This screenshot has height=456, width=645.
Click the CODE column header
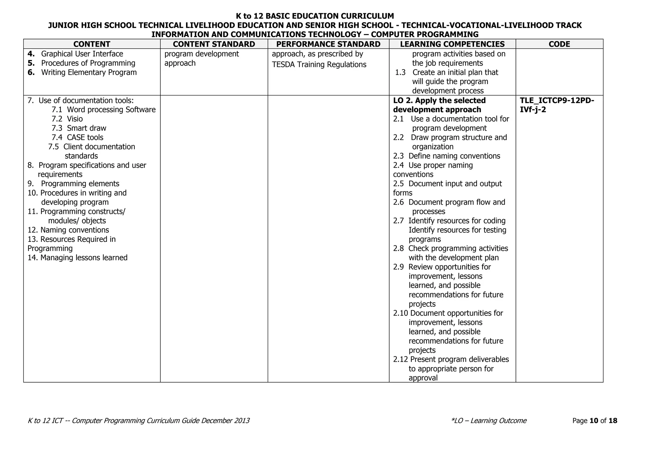click(x=559, y=44)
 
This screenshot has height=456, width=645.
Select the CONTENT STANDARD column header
click(x=214, y=44)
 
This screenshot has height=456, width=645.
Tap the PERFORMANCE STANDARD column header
click(x=328, y=44)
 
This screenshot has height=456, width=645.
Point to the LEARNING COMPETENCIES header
click(x=452, y=44)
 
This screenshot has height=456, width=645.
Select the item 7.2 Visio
click(x=67, y=119)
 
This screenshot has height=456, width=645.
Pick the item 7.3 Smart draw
click(x=79, y=128)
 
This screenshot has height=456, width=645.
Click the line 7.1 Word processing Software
click(x=104, y=110)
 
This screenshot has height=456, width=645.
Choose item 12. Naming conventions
click(x=68, y=230)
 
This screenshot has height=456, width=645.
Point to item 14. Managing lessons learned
click(x=77, y=258)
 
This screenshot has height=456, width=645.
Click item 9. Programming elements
click(x=73, y=184)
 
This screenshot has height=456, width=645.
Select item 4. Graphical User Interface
click(x=76, y=54)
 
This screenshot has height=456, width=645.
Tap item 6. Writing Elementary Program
click(x=82, y=72)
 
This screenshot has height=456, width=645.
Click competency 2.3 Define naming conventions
click(x=447, y=156)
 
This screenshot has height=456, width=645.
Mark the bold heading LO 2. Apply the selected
click(x=439, y=100)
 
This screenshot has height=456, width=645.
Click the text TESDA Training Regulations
click(x=319, y=65)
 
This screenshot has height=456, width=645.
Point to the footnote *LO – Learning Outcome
click(x=488, y=421)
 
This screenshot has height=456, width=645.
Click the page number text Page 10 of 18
click(x=595, y=421)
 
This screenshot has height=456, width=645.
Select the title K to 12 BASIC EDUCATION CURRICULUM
click(x=315, y=16)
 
